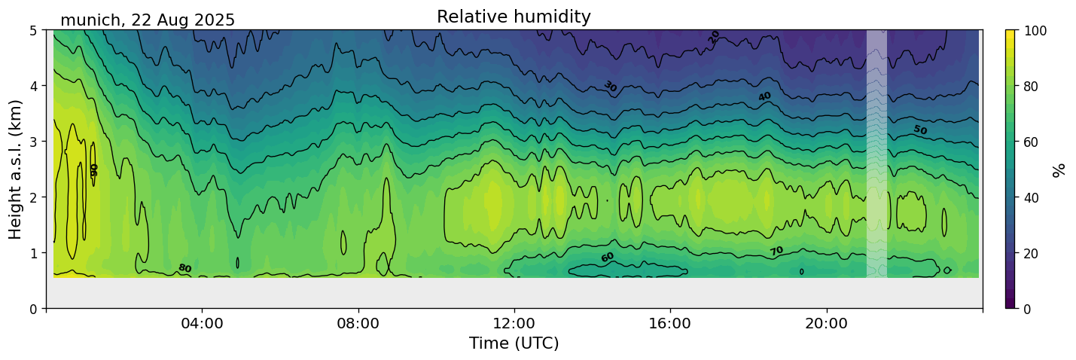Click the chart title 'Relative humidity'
click(514, 17)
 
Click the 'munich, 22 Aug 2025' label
click(148, 20)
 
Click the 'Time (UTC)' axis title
click(514, 343)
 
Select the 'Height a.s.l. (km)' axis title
click(16, 169)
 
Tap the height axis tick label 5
click(33, 30)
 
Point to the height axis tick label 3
click(33, 142)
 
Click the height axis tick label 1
click(33, 253)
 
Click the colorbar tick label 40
click(1032, 197)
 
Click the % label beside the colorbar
click(1059, 169)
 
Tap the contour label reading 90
click(94, 169)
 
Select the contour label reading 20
click(714, 36)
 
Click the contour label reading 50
click(920, 130)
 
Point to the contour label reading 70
click(776, 251)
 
